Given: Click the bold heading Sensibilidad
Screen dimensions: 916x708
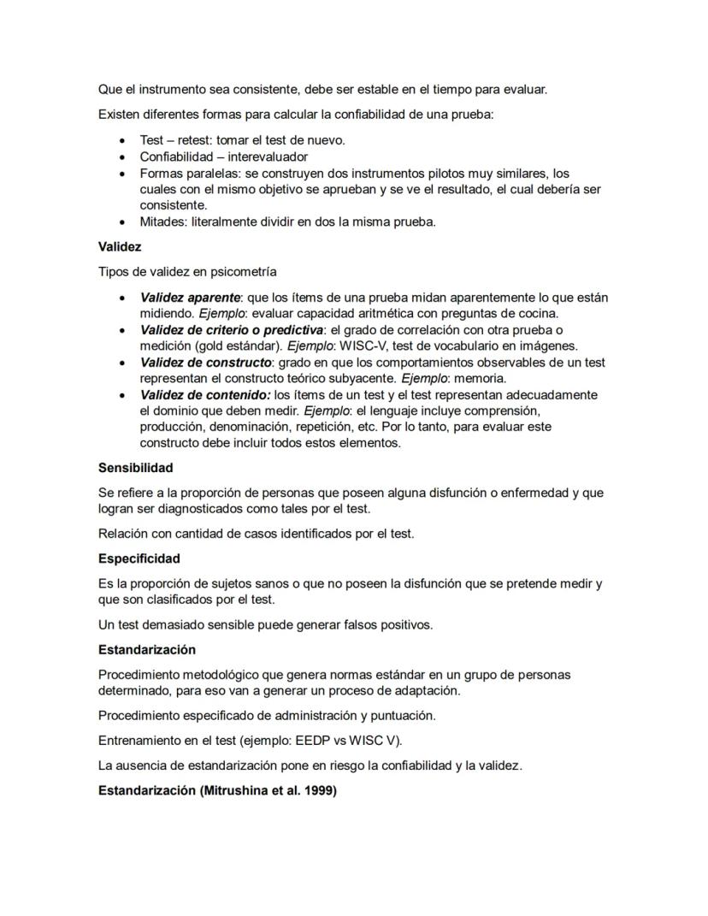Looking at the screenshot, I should click(136, 468).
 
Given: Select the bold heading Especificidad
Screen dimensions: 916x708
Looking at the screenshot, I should click(139, 558).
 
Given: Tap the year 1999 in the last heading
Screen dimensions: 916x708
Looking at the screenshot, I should click(319, 791).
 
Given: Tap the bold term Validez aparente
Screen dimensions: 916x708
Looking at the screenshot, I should click(190, 298).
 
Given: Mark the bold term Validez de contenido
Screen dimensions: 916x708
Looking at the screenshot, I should click(205, 395).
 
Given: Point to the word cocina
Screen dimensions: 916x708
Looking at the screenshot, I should click(536, 314).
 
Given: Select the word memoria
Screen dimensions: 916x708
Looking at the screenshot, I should click(481, 379).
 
